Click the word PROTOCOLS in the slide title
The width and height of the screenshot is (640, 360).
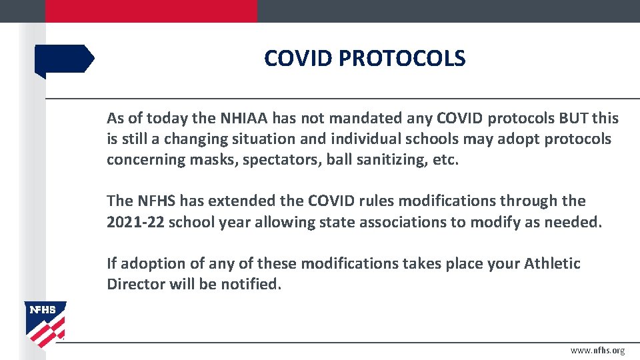(x=402, y=59)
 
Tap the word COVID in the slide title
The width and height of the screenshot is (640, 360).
(x=298, y=59)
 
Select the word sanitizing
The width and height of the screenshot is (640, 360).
(x=389, y=160)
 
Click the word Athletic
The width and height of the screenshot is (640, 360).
(x=552, y=263)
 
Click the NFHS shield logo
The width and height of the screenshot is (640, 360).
(x=45, y=323)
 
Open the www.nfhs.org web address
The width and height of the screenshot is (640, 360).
(x=597, y=351)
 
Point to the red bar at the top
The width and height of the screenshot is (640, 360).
(x=151, y=11)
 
